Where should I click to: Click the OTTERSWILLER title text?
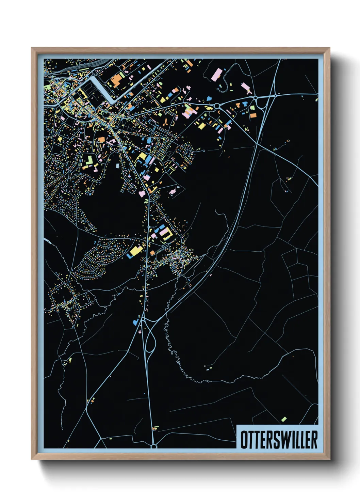(279, 440)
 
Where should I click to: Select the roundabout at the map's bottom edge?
(153, 446)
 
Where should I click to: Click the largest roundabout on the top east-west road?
(216, 107)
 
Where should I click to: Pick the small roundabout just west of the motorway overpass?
(255, 98)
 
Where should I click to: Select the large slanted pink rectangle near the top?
(216, 75)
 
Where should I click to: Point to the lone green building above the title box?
(284, 419)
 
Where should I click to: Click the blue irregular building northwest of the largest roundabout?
(208, 99)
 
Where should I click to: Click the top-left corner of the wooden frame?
(32, 48)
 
